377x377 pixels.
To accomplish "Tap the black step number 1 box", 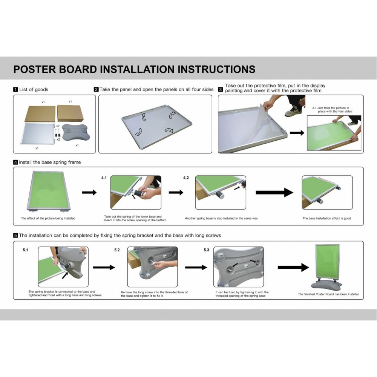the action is (15, 89).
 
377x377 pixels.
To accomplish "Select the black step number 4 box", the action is (15, 162).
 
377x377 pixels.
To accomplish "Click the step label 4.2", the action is (186, 178).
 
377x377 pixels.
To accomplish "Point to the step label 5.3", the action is (207, 250).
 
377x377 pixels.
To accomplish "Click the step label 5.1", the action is (26, 250).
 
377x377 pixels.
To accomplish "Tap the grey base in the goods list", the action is (76, 132).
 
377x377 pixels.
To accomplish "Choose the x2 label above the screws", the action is (58, 126).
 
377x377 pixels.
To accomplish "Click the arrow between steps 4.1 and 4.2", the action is (176, 192).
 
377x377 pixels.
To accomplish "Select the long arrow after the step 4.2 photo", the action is (274, 192).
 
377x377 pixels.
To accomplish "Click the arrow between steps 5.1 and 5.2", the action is (104, 267).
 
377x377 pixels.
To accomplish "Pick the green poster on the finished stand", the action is (328, 261).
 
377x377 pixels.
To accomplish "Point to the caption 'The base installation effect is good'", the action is (327, 218).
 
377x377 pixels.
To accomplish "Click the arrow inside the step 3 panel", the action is (297, 133).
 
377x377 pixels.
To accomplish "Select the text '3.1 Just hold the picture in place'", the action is (332, 110).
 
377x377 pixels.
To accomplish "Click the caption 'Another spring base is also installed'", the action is (221, 218).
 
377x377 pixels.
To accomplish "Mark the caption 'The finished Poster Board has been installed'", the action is (329, 294).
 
